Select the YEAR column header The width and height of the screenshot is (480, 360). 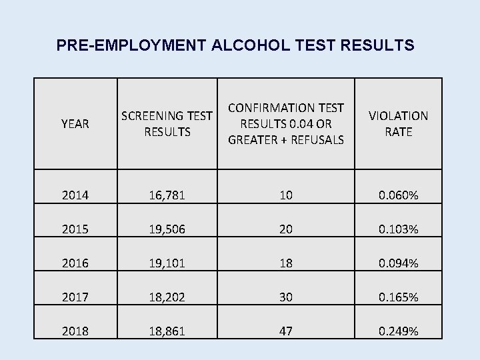pyautogui.click(x=75, y=124)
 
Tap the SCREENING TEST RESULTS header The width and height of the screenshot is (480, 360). pyautogui.click(x=167, y=124)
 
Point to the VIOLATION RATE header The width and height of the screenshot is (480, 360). pyautogui.click(x=399, y=124)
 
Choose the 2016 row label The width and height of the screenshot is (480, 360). pyautogui.click(x=75, y=263)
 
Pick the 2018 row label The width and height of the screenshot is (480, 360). pyautogui.click(x=75, y=331)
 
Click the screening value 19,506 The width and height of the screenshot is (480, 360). pyautogui.click(x=167, y=229)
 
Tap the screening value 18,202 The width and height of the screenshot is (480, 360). pyautogui.click(x=167, y=297)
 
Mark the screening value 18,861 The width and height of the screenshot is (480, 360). pyautogui.click(x=167, y=331)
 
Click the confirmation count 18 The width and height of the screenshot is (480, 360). pyautogui.click(x=287, y=263)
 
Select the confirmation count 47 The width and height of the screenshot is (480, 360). pyautogui.click(x=287, y=331)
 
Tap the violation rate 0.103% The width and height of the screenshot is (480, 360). pyautogui.click(x=399, y=229)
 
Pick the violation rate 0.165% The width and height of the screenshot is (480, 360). pyautogui.click(x=399, y=297)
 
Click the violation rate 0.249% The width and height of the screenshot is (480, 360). pyautogui.click(x=399, y=331)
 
